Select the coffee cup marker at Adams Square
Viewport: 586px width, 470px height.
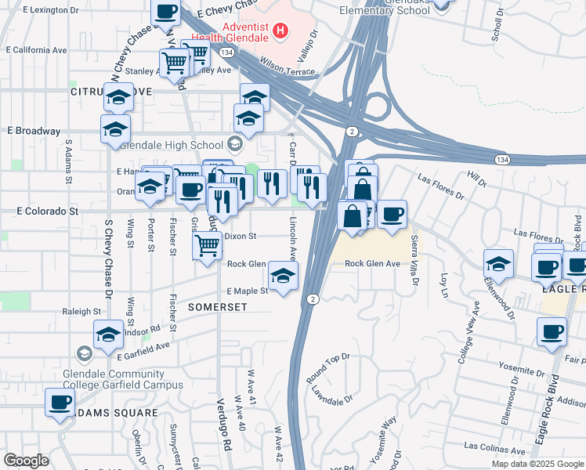coord(60,403)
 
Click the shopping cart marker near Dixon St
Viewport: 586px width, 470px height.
coord(208,246)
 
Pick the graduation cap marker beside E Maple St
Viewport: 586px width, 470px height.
coord(283,275)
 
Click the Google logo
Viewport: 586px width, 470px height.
coord(26,461)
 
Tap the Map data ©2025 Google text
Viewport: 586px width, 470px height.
coord(537,464)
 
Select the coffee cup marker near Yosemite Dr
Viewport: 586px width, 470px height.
coord(552,332)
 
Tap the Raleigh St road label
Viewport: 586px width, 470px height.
coord(78,311)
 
